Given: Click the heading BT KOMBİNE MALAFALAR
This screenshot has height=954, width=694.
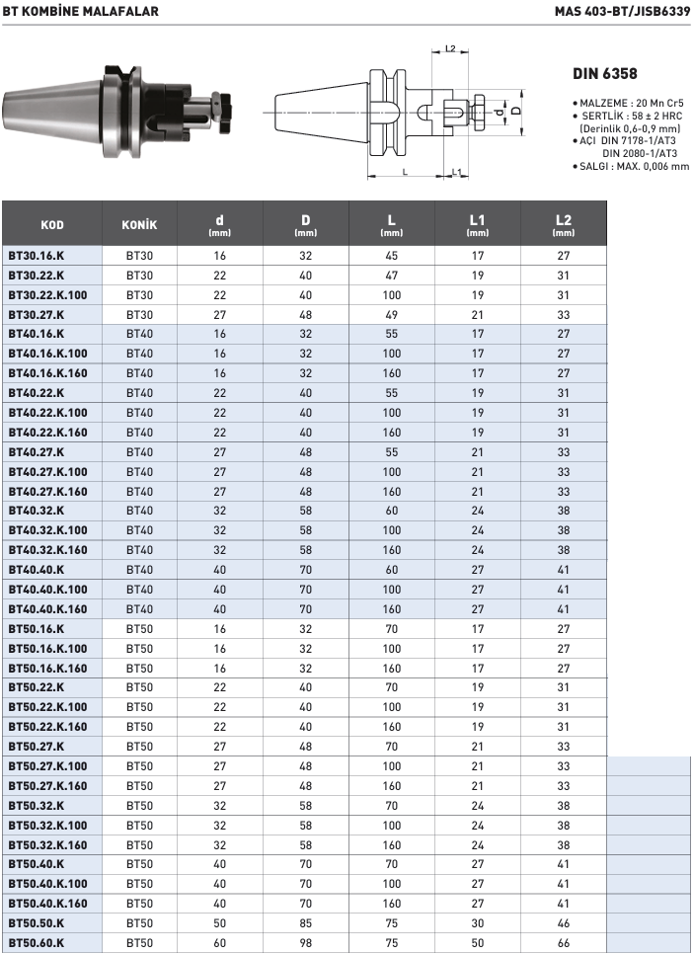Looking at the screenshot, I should [79, 11].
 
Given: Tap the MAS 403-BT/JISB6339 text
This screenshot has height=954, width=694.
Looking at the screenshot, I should [622, 11].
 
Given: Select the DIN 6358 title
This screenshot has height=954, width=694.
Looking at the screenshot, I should [605, 74].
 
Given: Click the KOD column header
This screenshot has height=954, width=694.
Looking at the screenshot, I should [52, 224].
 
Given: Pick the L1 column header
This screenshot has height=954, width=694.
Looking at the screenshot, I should [478, 224].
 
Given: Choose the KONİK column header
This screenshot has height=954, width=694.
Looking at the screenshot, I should [139, 224].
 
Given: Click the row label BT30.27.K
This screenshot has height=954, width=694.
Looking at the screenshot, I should [37, 314].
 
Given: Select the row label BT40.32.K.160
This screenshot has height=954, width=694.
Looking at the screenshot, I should [47, 550].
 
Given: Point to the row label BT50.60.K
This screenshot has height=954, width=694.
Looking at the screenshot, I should [37, 943].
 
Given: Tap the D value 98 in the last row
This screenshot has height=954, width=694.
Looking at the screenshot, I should [306, 943].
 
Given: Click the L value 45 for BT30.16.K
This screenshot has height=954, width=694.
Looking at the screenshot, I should [392, 255].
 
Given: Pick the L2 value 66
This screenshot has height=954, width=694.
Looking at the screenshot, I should [564, 943].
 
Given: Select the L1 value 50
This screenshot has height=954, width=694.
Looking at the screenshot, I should [478, 943].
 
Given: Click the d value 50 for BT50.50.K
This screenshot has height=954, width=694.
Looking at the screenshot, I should [220, 923].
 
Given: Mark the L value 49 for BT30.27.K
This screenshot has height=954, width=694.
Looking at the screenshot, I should [392, 314].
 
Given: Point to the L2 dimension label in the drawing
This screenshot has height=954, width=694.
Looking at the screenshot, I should [450, 48].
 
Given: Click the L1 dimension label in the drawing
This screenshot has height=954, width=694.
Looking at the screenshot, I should [457, 173].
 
